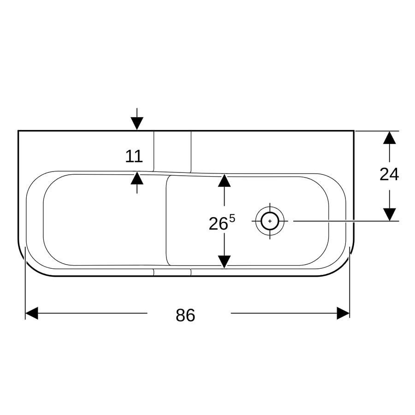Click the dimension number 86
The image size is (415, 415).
click(x=185, y=315)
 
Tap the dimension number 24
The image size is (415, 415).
click(x=389, y=174)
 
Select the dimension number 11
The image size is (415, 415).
click(x=134, y=156)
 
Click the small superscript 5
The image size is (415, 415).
click(x=232, y=219)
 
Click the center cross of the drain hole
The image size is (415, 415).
click(x=270, y=221)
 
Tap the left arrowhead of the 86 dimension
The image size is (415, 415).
click(x=31, y=313)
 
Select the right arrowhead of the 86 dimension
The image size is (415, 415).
click(x=343, y=313)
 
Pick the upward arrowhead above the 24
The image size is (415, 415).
click(x=389, y=137)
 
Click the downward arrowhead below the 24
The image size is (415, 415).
click(x=389, y=214)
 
